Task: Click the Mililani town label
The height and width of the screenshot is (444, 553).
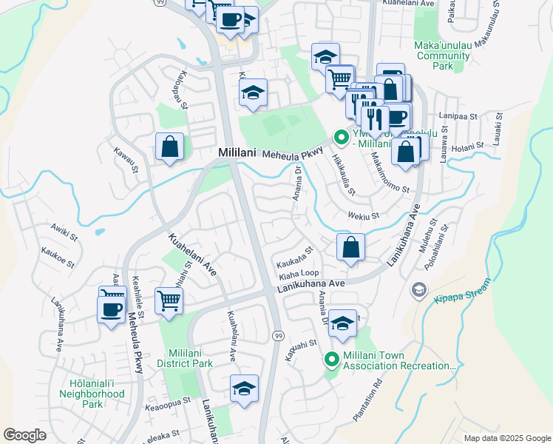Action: (x=237, y=152)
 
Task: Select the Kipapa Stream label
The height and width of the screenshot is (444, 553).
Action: (x=463, y=283)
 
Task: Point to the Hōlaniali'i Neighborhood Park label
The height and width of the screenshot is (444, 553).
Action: (x=92, y=394)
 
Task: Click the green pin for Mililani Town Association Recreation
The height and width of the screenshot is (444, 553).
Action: (x=332, y=360)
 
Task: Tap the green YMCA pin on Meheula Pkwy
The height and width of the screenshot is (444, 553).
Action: (x=341, y=138)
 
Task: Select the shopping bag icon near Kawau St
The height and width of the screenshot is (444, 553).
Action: (x=170, y=146)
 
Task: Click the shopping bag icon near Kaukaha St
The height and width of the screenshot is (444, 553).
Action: (x=351, y=246)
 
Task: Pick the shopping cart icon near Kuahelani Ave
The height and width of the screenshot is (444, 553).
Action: (x=169, y=301)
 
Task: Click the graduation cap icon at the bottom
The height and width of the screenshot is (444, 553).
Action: (x=244, y=388)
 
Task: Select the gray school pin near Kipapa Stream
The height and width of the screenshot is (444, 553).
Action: (x=420, y=289)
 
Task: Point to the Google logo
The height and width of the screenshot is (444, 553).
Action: (x=24, y=434)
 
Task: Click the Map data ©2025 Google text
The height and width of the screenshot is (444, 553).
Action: (x=506, y=438)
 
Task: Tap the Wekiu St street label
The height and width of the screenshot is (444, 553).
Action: (x=363, y=216)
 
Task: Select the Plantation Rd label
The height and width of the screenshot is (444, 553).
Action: (x=368, y=400)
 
